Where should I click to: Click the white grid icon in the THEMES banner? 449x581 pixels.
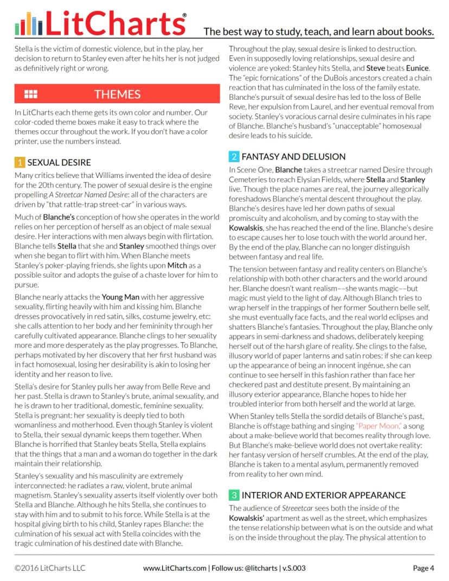(x=31, y=94)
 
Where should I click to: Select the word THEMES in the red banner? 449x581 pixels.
(x=117, y=94)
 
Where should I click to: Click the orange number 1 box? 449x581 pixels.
(x=20, y=162)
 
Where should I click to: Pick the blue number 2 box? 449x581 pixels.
(x=234, y=157)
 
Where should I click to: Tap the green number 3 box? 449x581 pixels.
(x=234, y=495)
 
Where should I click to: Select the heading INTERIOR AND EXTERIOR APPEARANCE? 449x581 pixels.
(x=324, y=495)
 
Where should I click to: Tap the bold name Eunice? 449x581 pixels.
(x=417, y=68)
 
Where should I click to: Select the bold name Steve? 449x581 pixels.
(x=376, y=68)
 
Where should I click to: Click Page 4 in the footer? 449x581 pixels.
(x=423, y=568)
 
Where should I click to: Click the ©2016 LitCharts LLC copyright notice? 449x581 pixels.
(x=50, y=568)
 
